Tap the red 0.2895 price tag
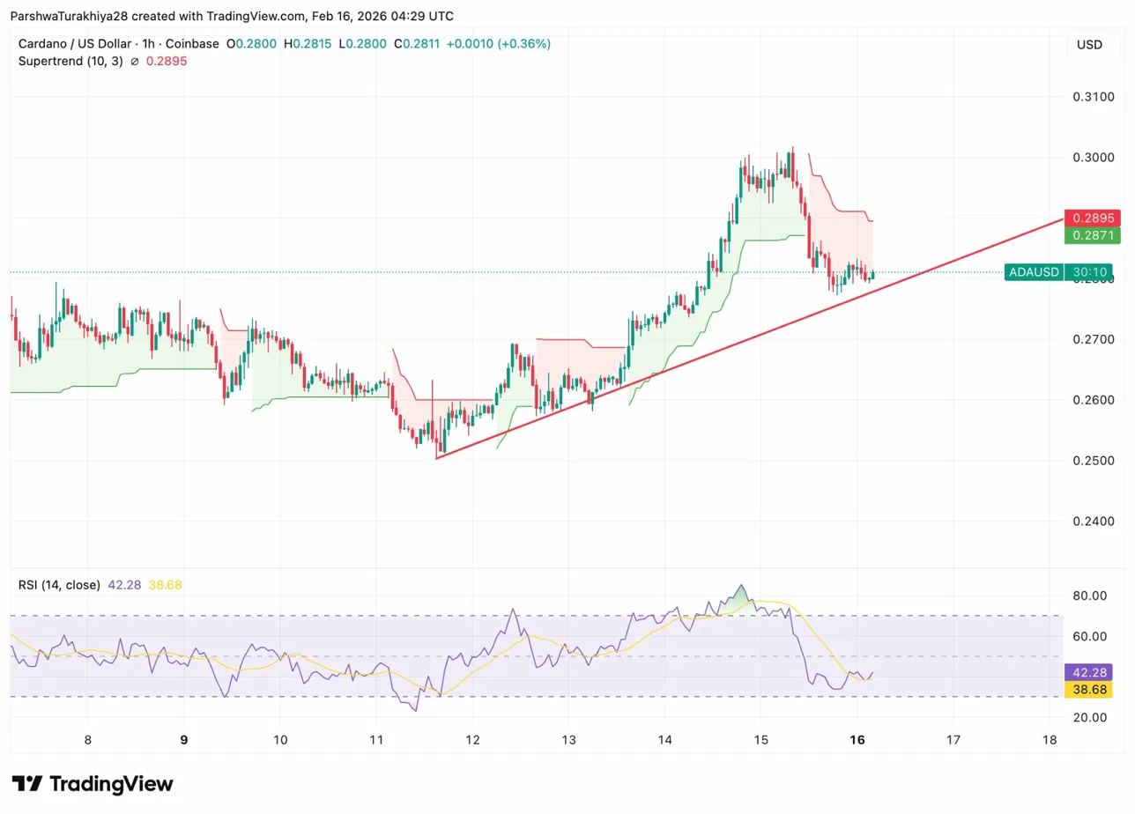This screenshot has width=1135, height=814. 1092,218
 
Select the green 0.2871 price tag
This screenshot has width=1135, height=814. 1092,235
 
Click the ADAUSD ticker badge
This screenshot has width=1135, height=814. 1034,272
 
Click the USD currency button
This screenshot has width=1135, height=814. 1090,44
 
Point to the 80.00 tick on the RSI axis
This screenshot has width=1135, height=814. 1090,596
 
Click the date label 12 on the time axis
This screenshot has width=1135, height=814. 472,740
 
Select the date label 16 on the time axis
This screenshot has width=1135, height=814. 857,740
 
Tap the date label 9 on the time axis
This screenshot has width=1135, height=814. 184,740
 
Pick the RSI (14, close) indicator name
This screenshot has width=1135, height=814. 59,584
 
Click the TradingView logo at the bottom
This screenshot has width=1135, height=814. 93,784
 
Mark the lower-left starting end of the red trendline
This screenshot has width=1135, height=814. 436,458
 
